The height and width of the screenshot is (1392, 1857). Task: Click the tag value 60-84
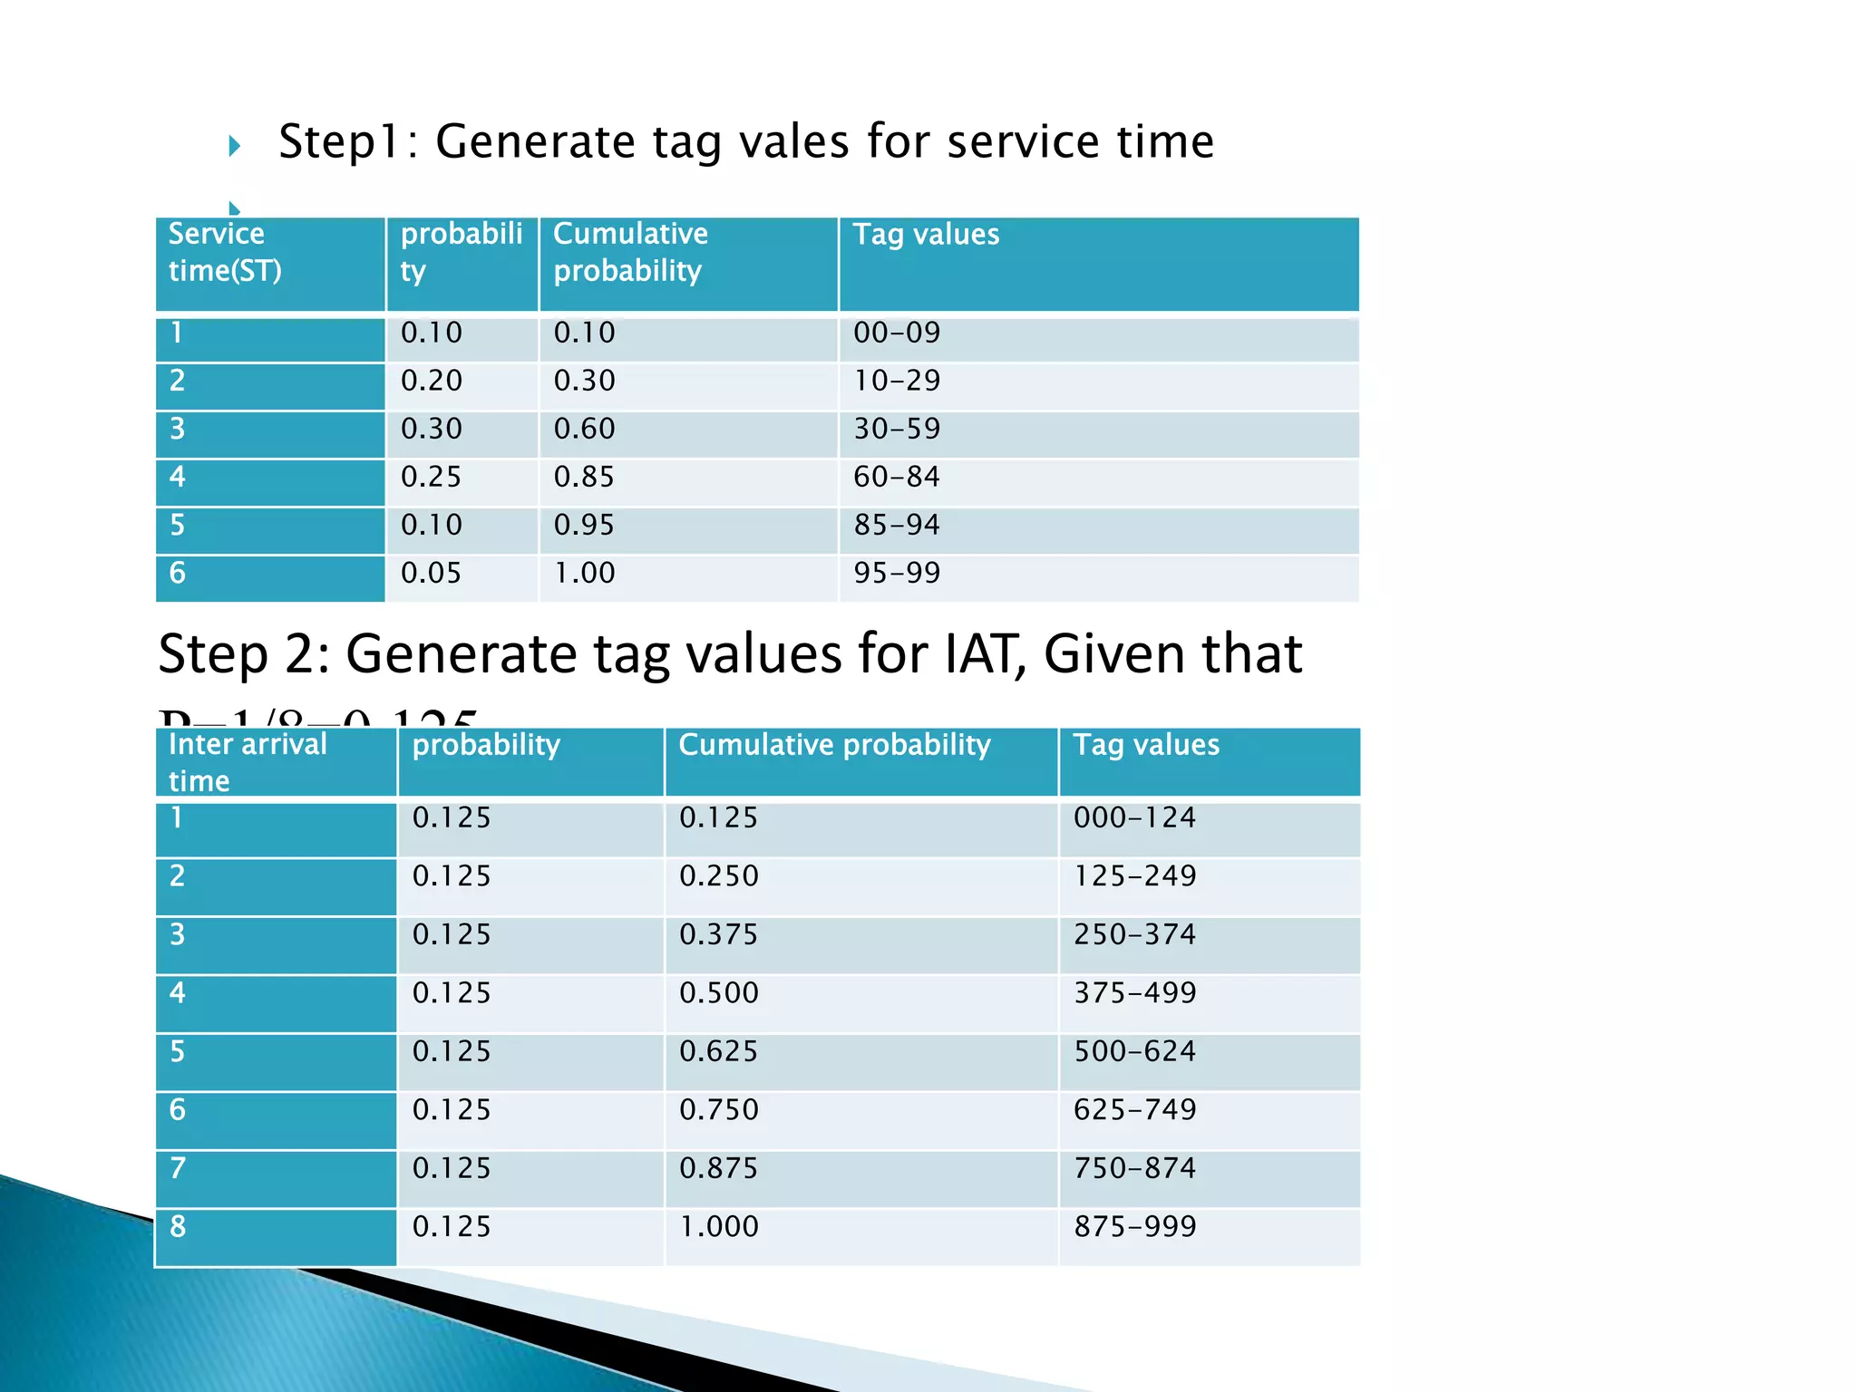[896, 477]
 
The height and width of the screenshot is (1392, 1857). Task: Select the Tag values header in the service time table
[926, 235]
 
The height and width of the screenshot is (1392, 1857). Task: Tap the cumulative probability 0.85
[584, 477]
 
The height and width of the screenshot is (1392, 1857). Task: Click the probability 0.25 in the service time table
[431, 477]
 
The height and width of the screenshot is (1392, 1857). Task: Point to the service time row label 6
[178, 573]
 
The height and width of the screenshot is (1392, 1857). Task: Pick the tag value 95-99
[896, 573]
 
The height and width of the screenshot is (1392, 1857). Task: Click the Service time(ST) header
[225, 252]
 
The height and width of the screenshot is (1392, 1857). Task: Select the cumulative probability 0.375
[718, 934]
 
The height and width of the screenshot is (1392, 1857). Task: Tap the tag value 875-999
[1134, 1226]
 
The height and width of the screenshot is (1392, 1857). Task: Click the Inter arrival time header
[247, 762]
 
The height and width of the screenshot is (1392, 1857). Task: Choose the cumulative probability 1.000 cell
[718, 1226]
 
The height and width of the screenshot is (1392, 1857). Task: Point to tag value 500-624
[1134, 1051]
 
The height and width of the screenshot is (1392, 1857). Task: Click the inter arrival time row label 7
[178, 1168]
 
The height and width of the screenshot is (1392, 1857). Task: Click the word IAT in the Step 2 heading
[985, 654]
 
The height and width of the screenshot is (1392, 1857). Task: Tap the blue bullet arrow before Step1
[234, 145]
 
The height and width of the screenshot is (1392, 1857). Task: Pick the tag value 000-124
[1134, 817]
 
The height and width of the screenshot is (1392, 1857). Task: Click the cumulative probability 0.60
[584, 429]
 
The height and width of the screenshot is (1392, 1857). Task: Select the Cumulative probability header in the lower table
[834, 745]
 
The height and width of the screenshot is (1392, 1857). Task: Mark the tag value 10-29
[896, 381]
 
